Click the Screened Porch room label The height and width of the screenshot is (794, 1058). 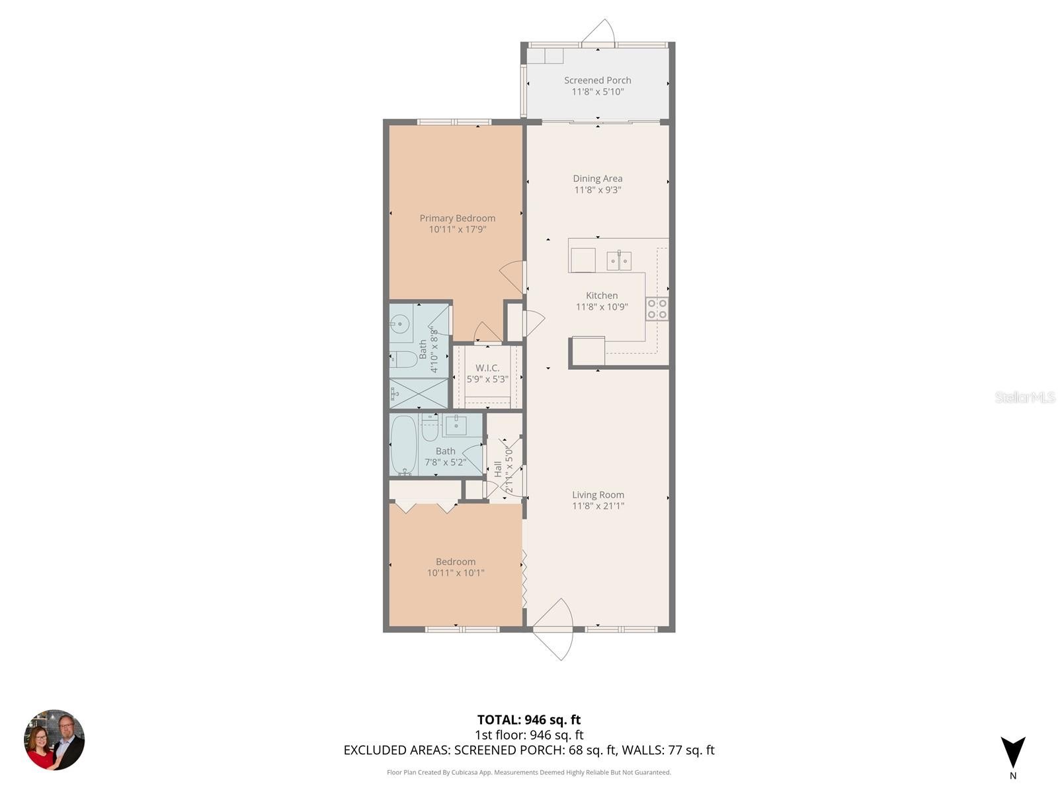pyautogui.click(x=597, y=80)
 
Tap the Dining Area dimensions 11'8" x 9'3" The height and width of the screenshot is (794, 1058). pyautogui.click(x=597, y=190)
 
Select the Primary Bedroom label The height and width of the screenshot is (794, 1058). pyautogui.click(x=457, y=218)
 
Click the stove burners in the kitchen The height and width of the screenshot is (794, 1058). pyautogui.click(x=657, y=308)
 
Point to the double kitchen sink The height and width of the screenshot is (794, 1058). pyautogui.click(x=620, y=261)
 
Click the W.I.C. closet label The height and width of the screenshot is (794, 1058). pyautogui.click(x=487, y=368)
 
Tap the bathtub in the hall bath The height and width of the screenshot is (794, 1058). pyautogui.click(x=403, y=444)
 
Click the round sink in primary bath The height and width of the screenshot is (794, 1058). pyautogui.click(x=400, y=324)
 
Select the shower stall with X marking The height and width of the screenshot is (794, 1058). pyautogui.click(x=418, y=394)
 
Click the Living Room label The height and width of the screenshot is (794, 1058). pyautogui.click(x=598, y=494)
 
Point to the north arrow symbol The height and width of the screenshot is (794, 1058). pyautogui.click(x=1012, y=753)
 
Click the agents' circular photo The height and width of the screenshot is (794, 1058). pyautogui.click(x=54, y=740)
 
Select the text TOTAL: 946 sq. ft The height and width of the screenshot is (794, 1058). pyautogui.click(x=528, y=720)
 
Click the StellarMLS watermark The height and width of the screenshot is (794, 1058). pyautogui.click(x=1025, y=397)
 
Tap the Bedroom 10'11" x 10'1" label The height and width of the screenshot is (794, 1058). pyautogui.click(x=455, y=567)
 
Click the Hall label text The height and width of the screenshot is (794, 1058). pyautogui.click(x=498, y=469)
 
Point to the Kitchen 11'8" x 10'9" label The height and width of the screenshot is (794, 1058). pyautogui.click(x=601, y=301)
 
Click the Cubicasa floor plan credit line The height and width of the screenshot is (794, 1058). pyautogui.click(x=528, y=772)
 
